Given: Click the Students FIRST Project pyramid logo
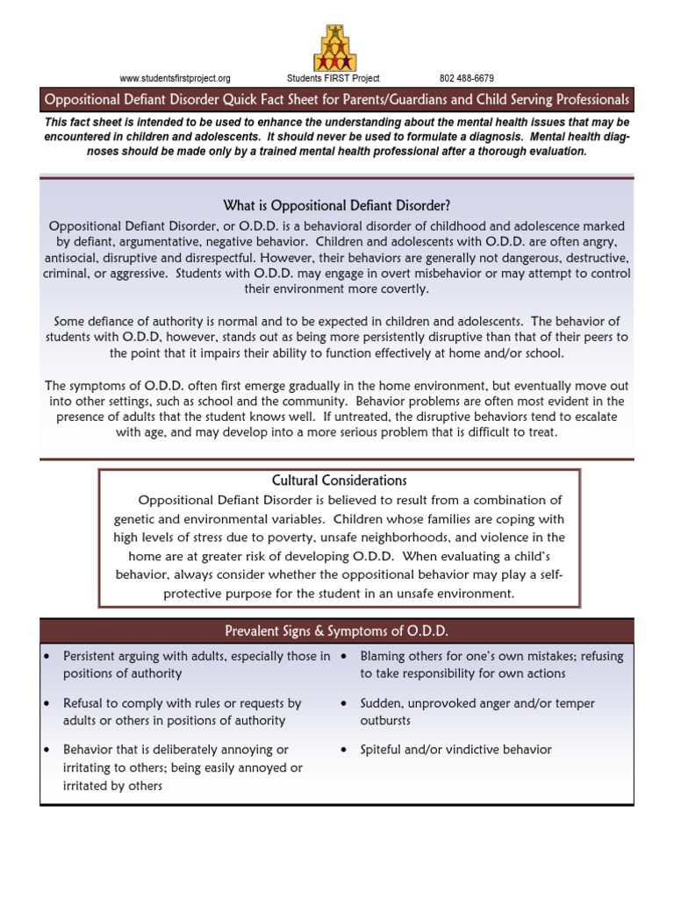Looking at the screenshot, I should point(335,48).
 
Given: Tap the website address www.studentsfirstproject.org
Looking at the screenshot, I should point(175,78).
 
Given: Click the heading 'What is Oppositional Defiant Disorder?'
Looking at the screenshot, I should point(337,206).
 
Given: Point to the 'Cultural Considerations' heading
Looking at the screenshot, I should point(339,481).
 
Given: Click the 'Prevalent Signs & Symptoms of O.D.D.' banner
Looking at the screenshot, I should point(337,631).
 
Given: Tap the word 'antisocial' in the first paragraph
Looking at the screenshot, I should point(73,258).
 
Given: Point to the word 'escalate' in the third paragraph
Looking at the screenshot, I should point(592,417).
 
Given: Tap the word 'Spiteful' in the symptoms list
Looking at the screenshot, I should point(383,750).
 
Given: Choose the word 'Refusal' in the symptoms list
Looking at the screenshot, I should point(85,703).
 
